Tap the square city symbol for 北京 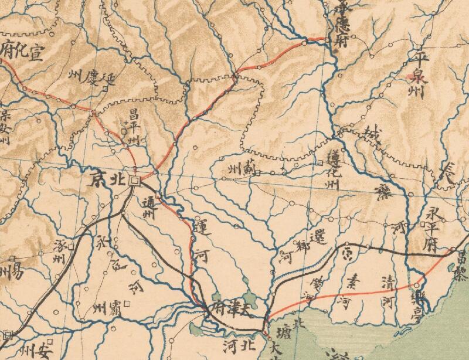[x=134, y=181]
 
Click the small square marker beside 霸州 [x=125, y=305]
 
